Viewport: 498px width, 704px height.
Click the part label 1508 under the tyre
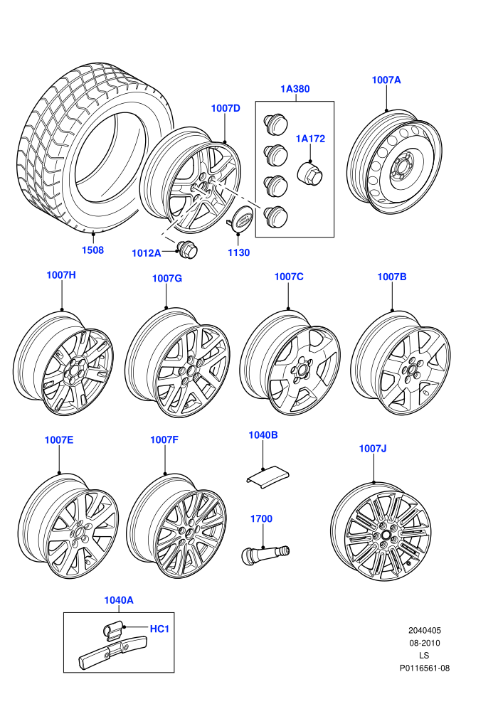pyautogui.click(x=92, y=250)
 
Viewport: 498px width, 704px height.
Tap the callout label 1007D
pyautogui.click(x=226, y=108)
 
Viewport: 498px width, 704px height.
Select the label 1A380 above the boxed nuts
pyautogui.click(x=295, y=89)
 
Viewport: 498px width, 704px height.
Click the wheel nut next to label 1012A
pyautogui.click(x=188, y=250)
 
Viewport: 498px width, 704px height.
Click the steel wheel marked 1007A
pyautogui.click(x=394, y=162)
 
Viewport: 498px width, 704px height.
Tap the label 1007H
pyautogui.click(x=61, y=274)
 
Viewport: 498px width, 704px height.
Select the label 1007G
pyautogui.click(x=167, y=278)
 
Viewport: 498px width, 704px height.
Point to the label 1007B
pyautogui.click(x=391, y=277)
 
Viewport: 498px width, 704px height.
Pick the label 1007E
pyautogui.click(x=59, y=440)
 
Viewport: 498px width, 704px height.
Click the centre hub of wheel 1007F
pyautogui.click(x=189, y=533)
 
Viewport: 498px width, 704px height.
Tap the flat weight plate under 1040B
pyautogui.click(x=267, y=477)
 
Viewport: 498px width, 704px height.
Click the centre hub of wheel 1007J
pyautogui.click(x=386, y=535)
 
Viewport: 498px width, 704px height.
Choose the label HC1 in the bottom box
pyautogui.click(x=159, y=629)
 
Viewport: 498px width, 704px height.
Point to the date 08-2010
pyautogui.click(x=424, y=643)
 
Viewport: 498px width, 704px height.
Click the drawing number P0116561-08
pyautogui.click(x=425, y=668)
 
